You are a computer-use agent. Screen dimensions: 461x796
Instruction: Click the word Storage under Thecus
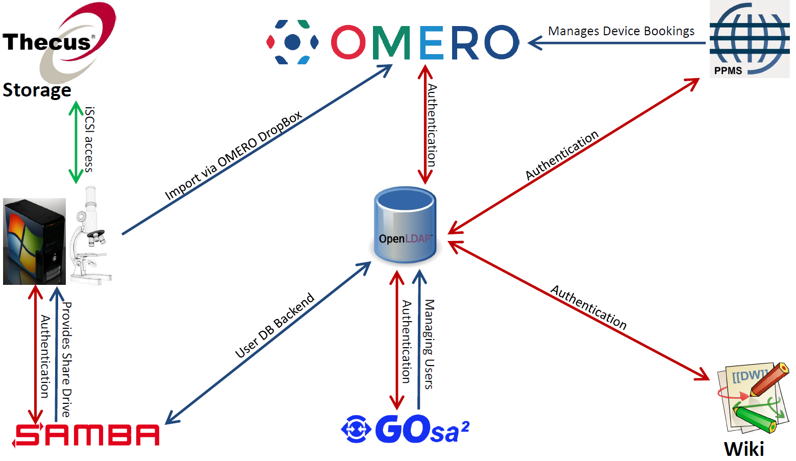37,90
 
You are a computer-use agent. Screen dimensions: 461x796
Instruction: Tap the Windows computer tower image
34,241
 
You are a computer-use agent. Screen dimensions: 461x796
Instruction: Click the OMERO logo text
425,42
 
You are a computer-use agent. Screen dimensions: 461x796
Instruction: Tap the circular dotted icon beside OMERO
292,42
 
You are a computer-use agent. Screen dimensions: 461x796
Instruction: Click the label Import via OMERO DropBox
233,156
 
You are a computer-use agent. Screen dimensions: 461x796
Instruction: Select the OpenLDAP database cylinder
405,225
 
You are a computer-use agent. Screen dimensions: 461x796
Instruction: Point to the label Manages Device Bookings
621,31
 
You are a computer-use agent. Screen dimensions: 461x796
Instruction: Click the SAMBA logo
86,435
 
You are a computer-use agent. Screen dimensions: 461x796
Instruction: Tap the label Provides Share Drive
66,359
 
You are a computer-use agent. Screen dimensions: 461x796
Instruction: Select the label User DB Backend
275,325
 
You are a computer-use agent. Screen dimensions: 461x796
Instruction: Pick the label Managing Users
429,344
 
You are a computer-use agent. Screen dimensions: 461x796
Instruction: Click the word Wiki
744,449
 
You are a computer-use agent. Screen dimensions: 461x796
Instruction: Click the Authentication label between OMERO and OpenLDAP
432,125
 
